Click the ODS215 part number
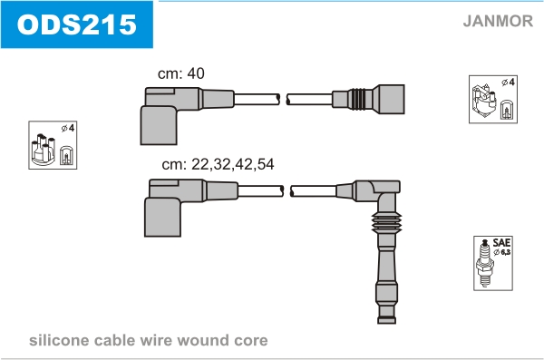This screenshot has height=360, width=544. point(77,24)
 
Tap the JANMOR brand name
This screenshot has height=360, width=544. point(498,21)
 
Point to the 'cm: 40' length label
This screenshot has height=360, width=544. point(180,73)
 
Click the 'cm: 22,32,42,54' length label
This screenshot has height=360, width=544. point(218,164)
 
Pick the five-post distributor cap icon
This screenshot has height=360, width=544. point(43,149)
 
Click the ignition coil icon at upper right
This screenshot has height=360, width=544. point(483,100)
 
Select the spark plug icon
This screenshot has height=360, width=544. point(485,263)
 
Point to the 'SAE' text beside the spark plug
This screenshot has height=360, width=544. point(501,242)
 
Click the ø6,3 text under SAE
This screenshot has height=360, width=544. point(502,252)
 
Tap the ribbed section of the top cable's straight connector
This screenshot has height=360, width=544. point(357,99)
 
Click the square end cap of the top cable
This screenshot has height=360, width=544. point(392,99)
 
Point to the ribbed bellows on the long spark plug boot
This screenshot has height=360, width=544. point(386,222)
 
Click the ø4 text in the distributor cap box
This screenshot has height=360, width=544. point(68,128)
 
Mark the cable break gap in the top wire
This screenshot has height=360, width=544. point(283,99)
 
